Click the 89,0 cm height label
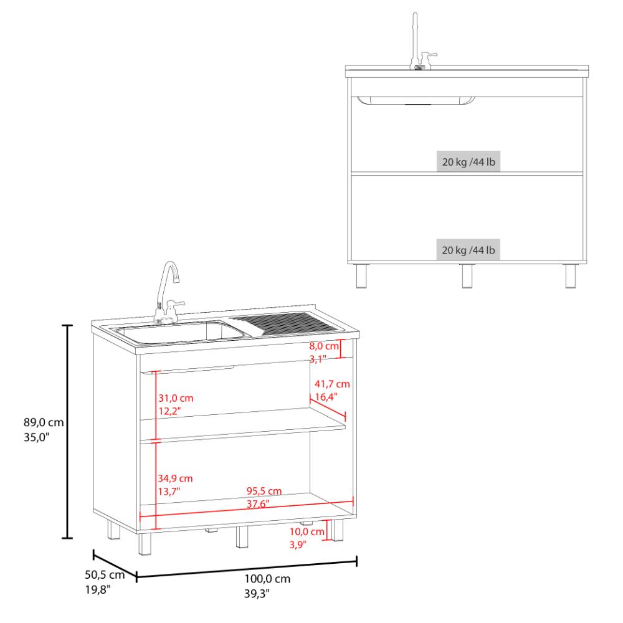coord(44,422)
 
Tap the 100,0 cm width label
coord(267,579)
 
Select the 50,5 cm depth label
coord(105,574)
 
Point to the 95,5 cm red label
coord(264,491)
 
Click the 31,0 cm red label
coord(176,398)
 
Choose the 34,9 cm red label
coord(175,478)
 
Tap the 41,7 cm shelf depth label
coord(332,384)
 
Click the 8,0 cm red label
coord(324,346)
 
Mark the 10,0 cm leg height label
coord(307,531)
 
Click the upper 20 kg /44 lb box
coord(468,162)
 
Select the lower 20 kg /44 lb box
coord(468,250)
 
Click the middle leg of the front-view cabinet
coord(467,276)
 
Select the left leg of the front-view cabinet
coord(361,276)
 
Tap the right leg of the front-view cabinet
coord(571,276)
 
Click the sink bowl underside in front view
coord(416,100)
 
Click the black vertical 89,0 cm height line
coord(67,432)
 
